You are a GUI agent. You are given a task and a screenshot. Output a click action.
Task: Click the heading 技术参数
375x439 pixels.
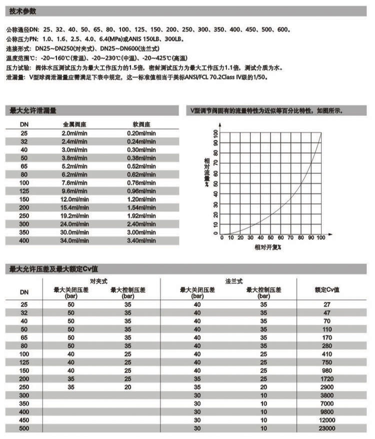coord(22,11)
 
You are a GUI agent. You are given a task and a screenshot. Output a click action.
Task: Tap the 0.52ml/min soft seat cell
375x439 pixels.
coord(141,167)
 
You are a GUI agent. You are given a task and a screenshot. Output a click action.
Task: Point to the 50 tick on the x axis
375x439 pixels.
coord(270,238)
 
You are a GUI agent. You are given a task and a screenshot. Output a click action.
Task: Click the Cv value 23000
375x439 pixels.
coord(327,428)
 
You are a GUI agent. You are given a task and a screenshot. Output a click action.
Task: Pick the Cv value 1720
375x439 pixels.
coord(327,379)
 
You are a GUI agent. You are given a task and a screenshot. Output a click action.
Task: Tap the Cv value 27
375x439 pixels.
coord(327,304)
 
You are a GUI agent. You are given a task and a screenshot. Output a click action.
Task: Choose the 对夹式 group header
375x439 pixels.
coord(99,282)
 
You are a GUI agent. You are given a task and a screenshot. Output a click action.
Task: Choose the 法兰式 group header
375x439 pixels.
coord(231,282)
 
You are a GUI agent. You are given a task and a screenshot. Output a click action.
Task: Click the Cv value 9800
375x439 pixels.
coord(327,412)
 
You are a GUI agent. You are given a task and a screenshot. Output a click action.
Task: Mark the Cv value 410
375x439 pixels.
coord(327,354)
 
